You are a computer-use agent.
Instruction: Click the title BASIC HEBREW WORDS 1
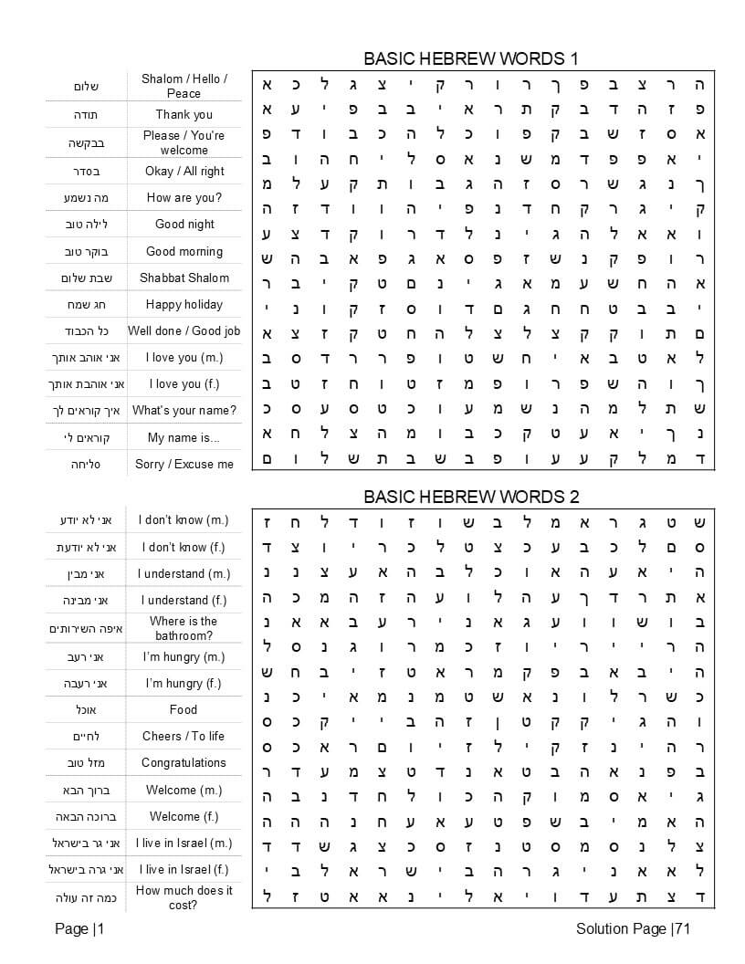pos(470,58)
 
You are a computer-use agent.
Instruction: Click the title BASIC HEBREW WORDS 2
pos(470,497)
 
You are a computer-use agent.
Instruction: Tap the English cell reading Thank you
pos(184,114)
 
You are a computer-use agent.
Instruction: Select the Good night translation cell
pos(184,224)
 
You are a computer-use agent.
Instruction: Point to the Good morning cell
pos(184,251)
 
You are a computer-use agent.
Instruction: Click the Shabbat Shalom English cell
pos(184,278)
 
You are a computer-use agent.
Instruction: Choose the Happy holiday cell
pos(184,304)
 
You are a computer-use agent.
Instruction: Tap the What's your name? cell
pos(184,411)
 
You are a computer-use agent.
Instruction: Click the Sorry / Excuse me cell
pos(184,464)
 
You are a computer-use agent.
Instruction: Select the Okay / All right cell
pos(184,171)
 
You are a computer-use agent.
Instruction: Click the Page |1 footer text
pos(79,929)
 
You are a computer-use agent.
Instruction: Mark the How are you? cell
pos(184,197)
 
